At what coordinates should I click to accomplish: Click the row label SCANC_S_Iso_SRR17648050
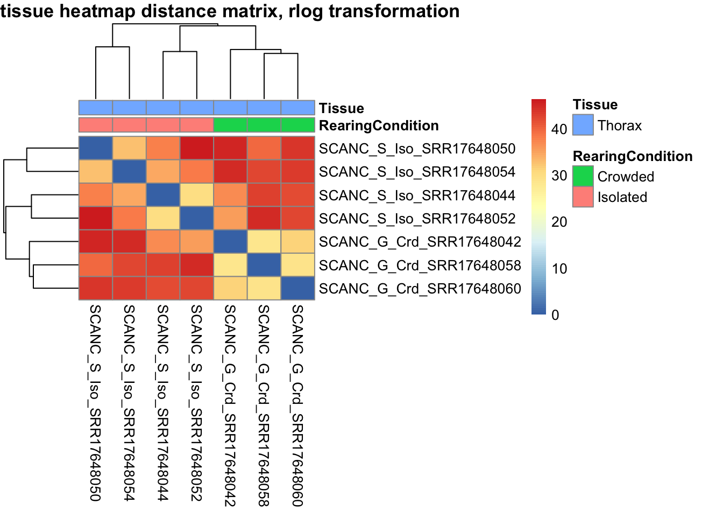coord(417,149)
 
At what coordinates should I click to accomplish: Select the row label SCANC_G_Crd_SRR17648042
coord(420,242)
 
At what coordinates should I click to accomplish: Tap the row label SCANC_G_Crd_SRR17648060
coord(420,289)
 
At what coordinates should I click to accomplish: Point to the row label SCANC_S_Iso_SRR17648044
coord(417,195)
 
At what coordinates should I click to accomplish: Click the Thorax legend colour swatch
coord(583,125)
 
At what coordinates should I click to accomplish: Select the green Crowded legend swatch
coord(583,176)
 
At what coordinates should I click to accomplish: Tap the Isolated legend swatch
coord(583,197)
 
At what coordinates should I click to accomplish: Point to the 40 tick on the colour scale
coord(559,129)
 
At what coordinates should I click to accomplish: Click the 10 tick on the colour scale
coord(559,268)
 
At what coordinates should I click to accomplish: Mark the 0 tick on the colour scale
coord(555,315)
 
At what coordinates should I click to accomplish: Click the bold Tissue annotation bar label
coord(341,108)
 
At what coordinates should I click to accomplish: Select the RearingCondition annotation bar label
coord(379,125)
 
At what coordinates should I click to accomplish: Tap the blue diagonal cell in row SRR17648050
coord(96,148)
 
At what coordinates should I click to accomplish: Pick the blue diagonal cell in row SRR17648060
coord(297,288)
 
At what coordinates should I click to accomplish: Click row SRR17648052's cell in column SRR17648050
coord(96,218)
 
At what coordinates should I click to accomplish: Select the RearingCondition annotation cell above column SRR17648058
coord(264,125)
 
